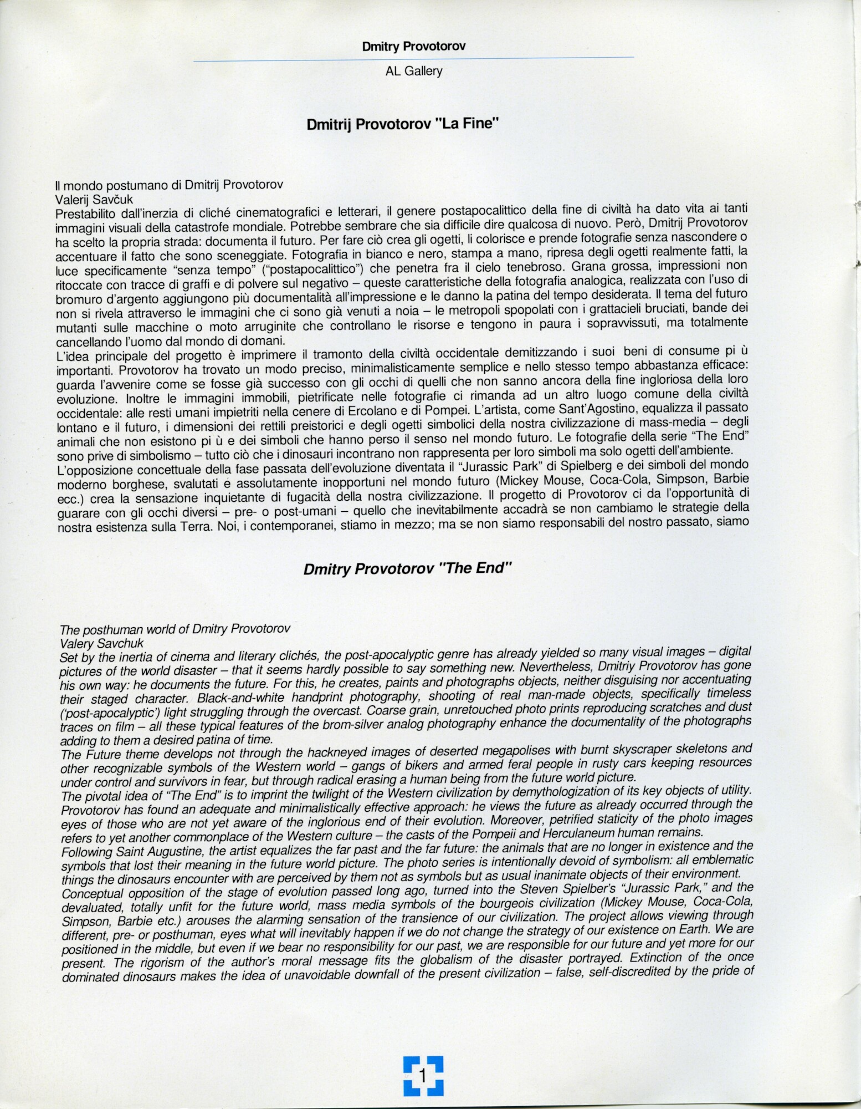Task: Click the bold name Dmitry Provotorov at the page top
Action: (x=413, y=46)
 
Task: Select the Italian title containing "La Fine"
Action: (x=403, y=125)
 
